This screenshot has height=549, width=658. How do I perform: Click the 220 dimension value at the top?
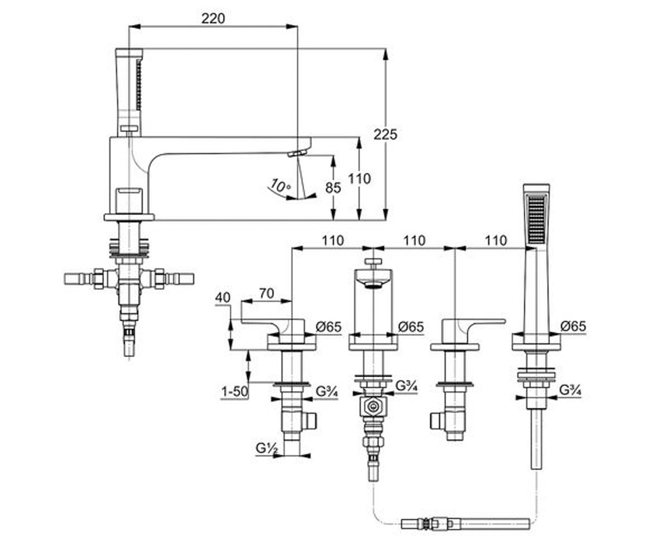[x=213, y=19]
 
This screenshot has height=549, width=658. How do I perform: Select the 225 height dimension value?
[x=385, y=135]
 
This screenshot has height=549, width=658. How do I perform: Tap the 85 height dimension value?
[x=333, y=188]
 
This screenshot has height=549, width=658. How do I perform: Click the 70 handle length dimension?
[x=266, y=293]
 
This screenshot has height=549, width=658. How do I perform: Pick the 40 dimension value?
[x=223, y=298]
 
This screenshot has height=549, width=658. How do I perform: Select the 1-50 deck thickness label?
[x=235, y=391]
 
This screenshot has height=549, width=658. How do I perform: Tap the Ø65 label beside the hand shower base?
[x=573, y=326]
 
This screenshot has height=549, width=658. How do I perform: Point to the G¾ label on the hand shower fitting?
[x=570, y=390]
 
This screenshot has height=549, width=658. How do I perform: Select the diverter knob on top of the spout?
[x=373, y=261]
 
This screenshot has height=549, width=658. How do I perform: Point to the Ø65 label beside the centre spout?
[x=411, y=327]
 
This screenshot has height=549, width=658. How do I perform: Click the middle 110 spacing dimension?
[x=415, y=241]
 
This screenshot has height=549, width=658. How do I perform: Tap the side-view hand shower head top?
[x=129, y=53]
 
